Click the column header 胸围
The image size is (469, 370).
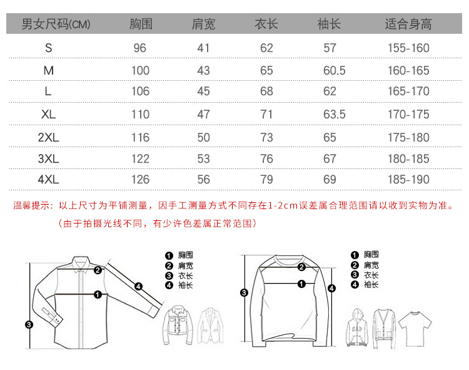click(x=141, y=24)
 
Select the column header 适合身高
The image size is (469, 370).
click(x=408, y=24)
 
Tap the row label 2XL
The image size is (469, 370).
click(x=48, y=138)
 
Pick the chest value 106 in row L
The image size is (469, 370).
click(x=140, y=91)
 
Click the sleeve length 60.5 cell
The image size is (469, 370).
click(x=334, y=71)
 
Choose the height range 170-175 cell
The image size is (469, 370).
click(x=408, y=115)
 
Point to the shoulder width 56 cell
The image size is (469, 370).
click(x=203, y=180)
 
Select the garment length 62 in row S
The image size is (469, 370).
click(x=266, y=48)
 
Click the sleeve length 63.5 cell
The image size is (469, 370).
click(x=334, y=115)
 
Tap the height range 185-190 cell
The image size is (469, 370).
click(x=408, y=180)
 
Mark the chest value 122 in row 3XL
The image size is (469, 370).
click(x=140, y=159)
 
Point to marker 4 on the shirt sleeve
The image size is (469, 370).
click(x=138, y=287)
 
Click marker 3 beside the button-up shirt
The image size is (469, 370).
click(x=29, y=324)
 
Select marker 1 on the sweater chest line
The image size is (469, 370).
click(x=301, y=284)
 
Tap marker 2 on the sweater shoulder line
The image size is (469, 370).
click(x=301, y=267)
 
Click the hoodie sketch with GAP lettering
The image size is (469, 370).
click(x=357, y=327)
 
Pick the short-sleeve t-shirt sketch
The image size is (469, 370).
click(x=415, y=329)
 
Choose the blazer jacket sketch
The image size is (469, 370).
click(x=211, y=325)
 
